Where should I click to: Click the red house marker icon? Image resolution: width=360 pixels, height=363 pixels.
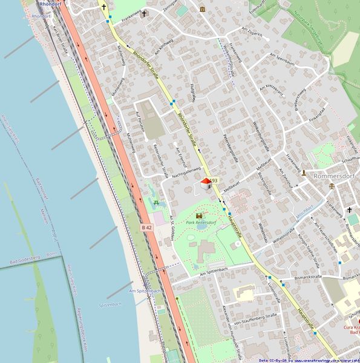coord(206,182)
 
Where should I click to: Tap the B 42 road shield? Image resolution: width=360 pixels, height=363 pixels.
coord(146,227)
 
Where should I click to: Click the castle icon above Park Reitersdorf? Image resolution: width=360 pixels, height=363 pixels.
coord(200,215)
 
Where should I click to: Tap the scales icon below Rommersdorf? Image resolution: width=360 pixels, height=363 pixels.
coord(331,186)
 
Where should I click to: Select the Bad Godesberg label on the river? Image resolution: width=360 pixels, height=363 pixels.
coord(25,261)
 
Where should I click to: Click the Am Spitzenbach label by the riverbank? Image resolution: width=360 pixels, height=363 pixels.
coord(143,290)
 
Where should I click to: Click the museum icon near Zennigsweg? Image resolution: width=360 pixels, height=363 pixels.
coord(201,9)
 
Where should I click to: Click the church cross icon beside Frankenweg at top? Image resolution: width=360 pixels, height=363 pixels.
coord(143,13)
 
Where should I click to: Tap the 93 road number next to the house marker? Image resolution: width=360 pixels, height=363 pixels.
coord(214,181)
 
